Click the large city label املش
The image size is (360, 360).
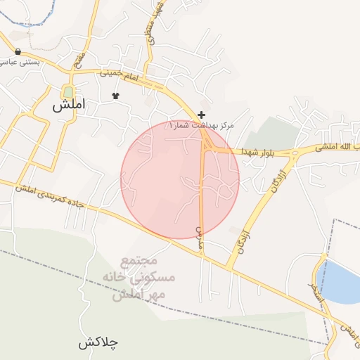coord(68,106)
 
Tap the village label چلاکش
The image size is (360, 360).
coord(98,343)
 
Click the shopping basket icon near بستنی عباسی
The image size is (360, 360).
coord(18,51)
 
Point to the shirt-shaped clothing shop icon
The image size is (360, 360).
coord(116,96)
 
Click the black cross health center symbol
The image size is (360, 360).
coord(202,115)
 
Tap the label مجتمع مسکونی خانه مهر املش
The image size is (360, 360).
coord(142,278)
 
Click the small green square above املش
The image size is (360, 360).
coord(68,91)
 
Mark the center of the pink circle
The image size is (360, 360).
coord(180,179)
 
